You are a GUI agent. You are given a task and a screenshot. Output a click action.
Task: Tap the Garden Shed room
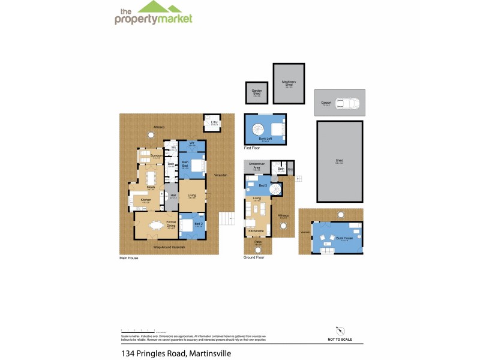[257, 94]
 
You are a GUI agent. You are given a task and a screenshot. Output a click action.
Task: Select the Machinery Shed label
[286, 83]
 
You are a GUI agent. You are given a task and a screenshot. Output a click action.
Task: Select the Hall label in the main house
[173, 195]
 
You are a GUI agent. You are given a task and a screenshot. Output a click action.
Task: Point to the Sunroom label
[156, 156]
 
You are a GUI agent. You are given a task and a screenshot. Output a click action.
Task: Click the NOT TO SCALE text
[340, 340]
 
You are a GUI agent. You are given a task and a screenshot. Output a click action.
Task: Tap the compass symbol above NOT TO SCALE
[340, 330]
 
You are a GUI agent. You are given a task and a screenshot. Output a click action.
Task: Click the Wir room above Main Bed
[192, 144]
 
